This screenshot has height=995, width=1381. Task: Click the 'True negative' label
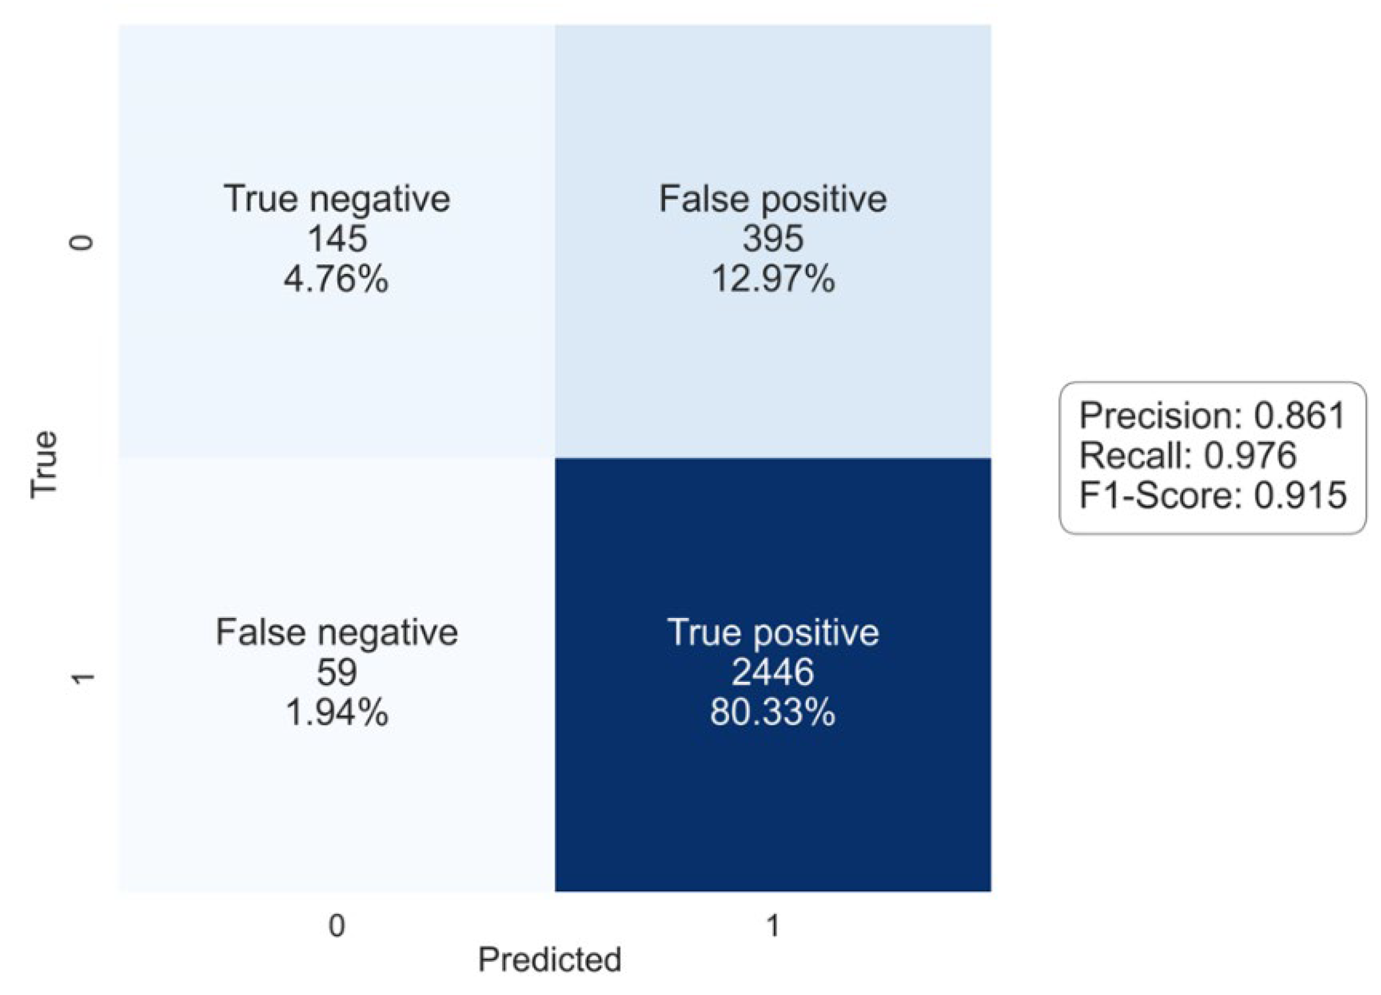pos(337,198)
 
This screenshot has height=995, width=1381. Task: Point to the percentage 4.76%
pos(336,279)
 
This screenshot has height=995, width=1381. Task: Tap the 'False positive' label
pos(773,198)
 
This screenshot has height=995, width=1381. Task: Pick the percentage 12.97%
pos(773,279)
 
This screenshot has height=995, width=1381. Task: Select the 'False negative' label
pos(337,632)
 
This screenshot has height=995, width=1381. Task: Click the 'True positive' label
pos(773,632)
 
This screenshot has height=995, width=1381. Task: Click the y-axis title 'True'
pos(44,465)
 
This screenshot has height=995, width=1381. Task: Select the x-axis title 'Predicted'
pos(549,960)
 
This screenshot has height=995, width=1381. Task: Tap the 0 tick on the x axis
pos(337,926)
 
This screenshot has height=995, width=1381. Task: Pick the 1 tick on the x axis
pos(773,926)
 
